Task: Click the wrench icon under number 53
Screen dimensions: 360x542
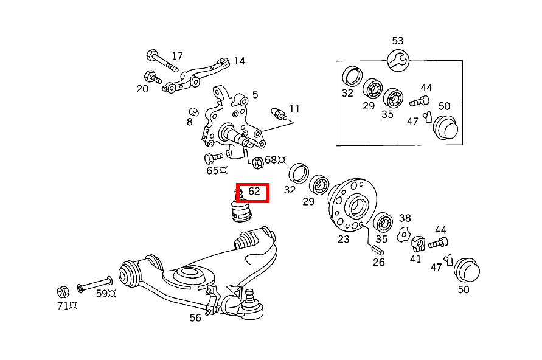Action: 398,60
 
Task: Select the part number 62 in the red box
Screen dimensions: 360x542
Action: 254,192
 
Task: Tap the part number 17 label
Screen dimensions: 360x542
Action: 177,57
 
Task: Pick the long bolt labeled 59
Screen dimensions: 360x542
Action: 95,284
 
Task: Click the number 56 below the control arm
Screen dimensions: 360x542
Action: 195,317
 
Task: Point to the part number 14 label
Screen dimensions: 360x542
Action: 239,61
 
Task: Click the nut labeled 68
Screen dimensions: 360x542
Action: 257,162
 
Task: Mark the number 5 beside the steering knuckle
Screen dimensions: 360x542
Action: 255,94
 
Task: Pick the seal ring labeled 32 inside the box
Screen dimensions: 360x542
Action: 352,76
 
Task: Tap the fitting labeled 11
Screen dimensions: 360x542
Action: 279,112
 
